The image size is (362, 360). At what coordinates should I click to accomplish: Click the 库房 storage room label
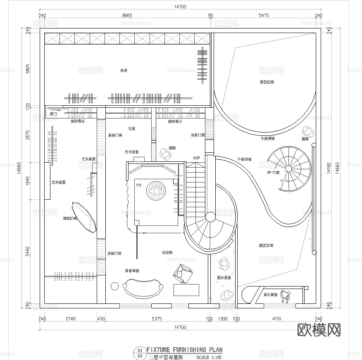123,71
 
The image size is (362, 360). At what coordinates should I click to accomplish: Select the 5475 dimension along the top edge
264,15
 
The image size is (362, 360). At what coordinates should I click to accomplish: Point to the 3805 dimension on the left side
28,69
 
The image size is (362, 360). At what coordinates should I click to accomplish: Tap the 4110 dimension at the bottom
276,319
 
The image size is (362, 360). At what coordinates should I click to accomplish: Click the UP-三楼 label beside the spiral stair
273,172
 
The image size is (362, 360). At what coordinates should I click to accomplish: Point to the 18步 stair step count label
196,158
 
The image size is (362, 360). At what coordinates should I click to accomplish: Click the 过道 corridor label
131,129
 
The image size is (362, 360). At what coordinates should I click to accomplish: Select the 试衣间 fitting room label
167,252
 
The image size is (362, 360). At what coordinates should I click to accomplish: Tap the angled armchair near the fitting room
182,273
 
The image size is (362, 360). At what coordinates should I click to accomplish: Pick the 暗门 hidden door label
52,114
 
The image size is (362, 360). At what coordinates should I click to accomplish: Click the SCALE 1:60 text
209,357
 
